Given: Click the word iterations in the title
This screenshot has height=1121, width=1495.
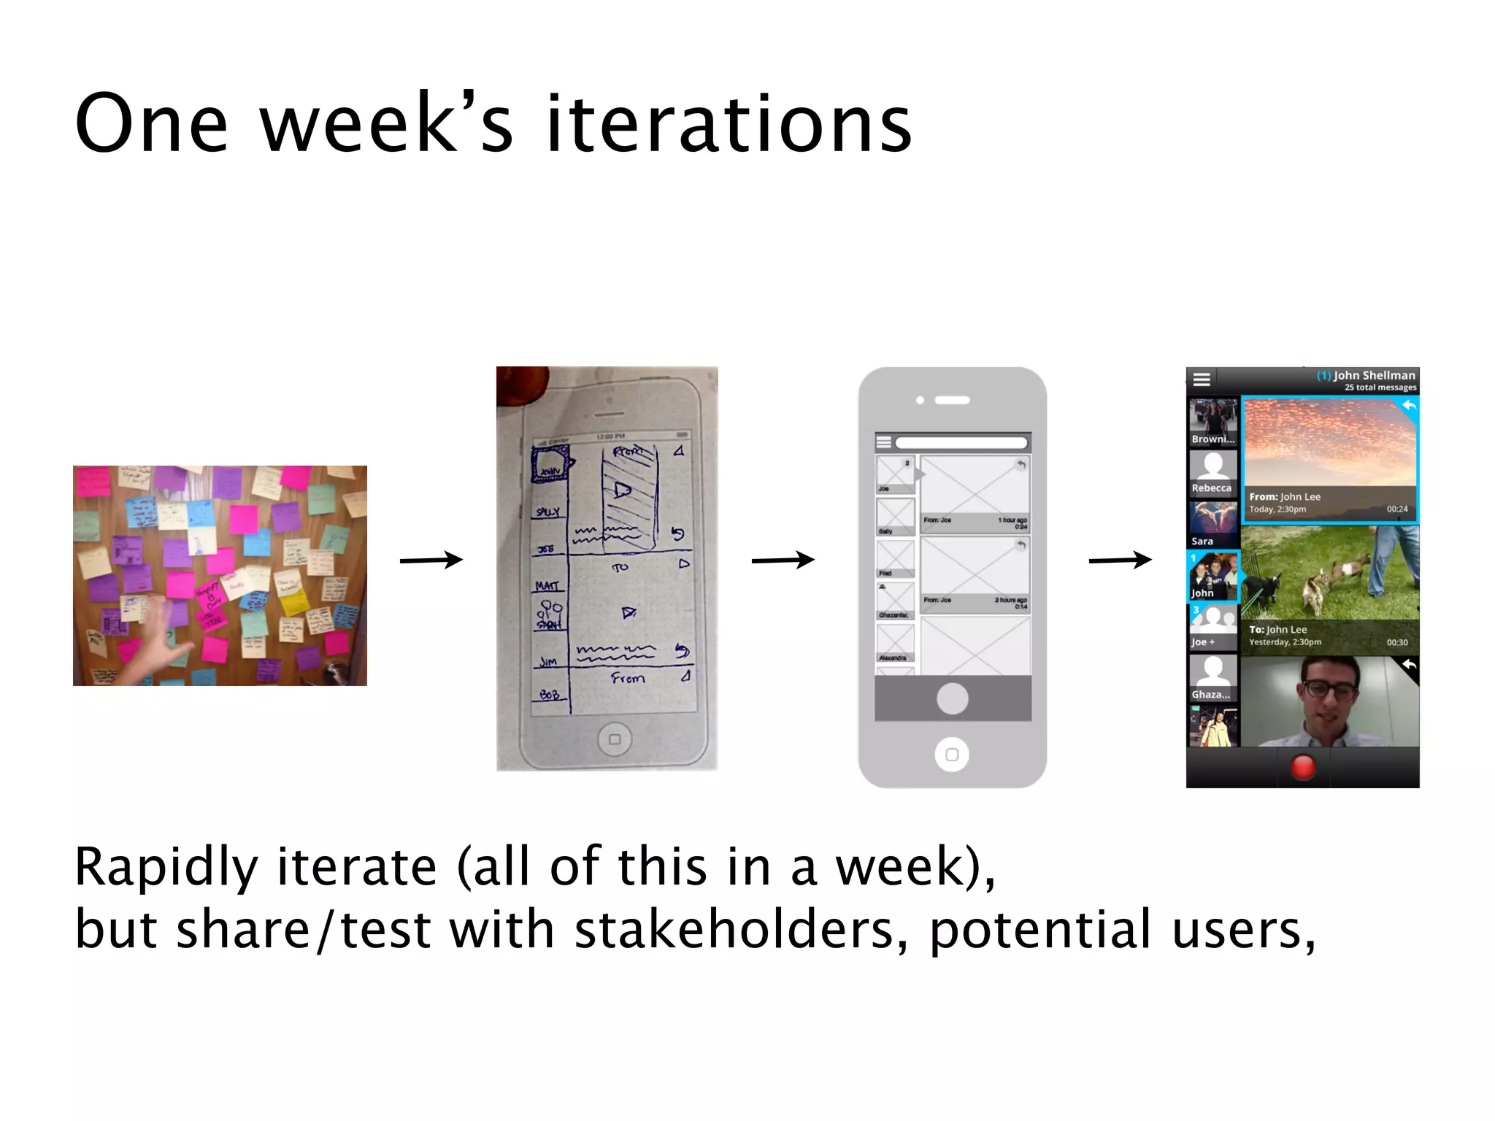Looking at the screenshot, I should point(729,124).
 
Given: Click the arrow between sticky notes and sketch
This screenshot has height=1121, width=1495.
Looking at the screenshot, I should point(431,560).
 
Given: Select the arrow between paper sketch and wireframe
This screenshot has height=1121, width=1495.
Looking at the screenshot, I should point(783,560).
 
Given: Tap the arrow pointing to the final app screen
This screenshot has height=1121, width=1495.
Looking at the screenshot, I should point(1120,560).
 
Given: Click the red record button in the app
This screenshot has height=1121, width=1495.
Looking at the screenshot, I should point(1303,767).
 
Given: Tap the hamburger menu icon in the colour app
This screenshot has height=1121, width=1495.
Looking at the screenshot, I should point(1202,379).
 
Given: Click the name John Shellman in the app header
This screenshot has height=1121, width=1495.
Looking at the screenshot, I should point(1374,375).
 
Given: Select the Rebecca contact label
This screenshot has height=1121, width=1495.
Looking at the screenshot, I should point(1211,488).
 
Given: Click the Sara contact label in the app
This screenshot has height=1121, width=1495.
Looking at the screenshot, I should point(1202,541).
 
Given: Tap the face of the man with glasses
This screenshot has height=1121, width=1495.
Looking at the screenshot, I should point(1330,701).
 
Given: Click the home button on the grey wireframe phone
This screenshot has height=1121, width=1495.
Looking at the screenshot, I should point(952,754).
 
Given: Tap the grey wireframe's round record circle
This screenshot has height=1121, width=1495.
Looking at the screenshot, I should point(952,698).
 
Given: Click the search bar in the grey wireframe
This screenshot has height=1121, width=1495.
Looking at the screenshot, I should point(961,442).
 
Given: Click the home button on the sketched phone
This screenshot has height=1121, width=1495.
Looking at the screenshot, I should point(615,739).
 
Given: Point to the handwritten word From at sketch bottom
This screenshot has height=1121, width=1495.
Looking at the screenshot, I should point(628,678).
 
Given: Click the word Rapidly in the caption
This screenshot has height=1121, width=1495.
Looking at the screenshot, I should point(166,867).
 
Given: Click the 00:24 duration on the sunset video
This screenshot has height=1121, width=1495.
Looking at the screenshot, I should point(1396,509).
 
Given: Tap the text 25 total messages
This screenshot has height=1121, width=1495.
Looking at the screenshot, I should point(1380,388).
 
